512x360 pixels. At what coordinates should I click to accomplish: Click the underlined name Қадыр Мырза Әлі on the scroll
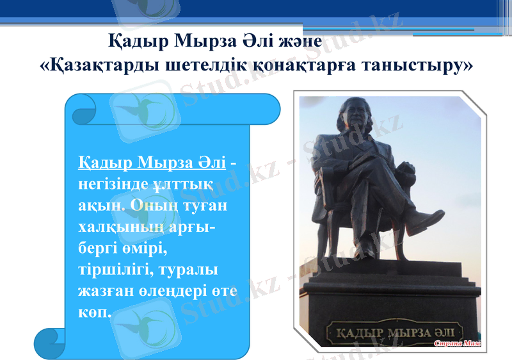152,163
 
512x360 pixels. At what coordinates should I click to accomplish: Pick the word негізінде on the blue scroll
113,184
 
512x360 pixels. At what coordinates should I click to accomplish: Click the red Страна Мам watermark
457,344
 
